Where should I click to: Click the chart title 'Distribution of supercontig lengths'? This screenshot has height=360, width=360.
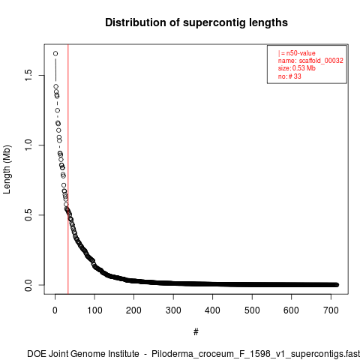coord(196,22)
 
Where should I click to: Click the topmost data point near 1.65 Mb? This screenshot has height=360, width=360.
coord(55,53)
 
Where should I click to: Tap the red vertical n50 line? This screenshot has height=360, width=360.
coord(68,169)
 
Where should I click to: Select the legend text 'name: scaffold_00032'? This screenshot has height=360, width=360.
coord(310,61)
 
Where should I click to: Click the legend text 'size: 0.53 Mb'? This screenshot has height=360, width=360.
coord(297,68)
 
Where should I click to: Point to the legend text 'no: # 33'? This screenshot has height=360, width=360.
coord(289,76)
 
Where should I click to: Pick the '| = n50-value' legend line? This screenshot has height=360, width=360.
coord(297,53)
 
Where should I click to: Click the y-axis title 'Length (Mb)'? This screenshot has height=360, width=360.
coord(7,169)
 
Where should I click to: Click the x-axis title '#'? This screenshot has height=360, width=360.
coord(196,331)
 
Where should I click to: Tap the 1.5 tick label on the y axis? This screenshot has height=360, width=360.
coord(28,75)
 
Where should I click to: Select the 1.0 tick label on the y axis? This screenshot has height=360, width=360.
coord(28,145)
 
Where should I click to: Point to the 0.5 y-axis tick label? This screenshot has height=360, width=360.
coord(28,214)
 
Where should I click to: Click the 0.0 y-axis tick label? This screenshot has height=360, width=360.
coord(28,285)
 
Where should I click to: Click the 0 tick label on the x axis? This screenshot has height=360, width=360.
coord(55,310)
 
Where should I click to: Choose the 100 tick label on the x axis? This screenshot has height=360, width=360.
coord(94,310)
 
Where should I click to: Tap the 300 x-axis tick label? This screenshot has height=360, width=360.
coord(173,310)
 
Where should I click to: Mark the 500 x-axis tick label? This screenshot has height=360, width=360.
coord(252,310)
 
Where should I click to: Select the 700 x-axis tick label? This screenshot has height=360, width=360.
coord(331,310)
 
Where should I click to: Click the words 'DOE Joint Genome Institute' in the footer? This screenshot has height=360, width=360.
coord(83,354)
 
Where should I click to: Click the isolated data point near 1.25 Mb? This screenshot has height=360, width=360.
coord(58,110)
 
